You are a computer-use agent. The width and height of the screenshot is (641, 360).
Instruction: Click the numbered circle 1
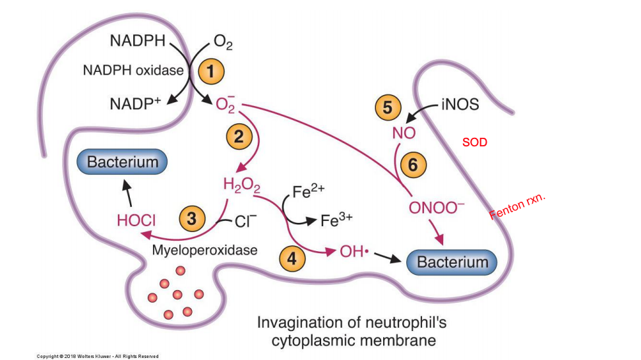[x=211, y=71]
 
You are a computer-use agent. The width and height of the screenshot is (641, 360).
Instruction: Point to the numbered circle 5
[x=388, y=107]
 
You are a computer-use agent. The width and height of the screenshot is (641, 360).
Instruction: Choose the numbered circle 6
[x=413, y=165]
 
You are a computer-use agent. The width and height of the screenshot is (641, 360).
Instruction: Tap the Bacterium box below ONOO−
[x=452, y=262]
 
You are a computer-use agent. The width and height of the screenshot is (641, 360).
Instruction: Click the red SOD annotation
[x=474, y=142]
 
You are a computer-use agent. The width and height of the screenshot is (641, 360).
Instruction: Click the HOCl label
[x=136, y=221]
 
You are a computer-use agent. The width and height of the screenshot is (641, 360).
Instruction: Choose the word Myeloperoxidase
[x=204, y=250]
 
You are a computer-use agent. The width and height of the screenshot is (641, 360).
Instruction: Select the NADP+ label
[x=136, y=104]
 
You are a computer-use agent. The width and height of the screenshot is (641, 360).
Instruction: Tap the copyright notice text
[x=98, y=356]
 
